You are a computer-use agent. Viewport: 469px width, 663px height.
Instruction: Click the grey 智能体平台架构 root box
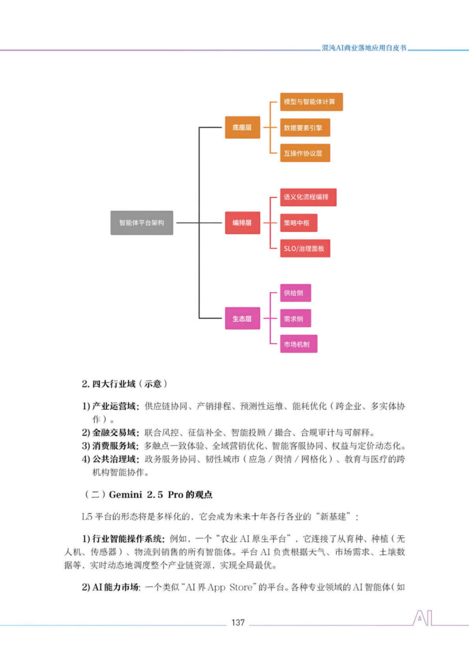tap(142, 223)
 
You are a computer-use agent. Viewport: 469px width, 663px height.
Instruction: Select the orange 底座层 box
tap(242, 127)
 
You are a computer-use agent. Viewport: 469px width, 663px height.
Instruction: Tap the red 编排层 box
tap(242, 223)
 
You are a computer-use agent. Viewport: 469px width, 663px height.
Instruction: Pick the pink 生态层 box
tap(242, 319)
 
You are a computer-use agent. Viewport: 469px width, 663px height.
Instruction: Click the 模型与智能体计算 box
tap(311, 102)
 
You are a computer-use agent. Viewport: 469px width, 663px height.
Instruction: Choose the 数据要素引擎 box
tap(304, 128)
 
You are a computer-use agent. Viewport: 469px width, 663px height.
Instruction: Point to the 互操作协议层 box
tap(304, 153)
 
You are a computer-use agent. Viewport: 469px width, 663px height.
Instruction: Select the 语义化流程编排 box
tap(308, 197)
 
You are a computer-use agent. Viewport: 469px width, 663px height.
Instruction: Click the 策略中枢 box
tap(298, 223)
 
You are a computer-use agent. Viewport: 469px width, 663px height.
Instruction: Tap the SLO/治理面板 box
tap(304, 248)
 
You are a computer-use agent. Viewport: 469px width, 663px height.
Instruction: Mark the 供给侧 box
tap(295, 293)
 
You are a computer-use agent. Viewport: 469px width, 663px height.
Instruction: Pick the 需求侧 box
tap(295, 319)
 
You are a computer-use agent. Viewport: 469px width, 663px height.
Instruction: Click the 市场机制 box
tap(298, 344)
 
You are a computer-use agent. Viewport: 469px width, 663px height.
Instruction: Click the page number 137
tap(238, 622)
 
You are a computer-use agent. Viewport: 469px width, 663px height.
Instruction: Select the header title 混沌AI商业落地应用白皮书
tap(364, 48)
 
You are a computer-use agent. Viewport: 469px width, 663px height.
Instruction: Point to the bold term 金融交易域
tap(115, 432)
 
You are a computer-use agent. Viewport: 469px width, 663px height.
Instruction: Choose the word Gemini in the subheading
tap(126, 495)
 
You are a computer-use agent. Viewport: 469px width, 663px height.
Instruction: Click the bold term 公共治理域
tap(115, 459)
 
